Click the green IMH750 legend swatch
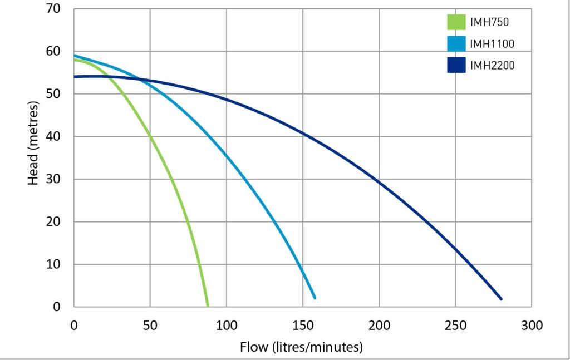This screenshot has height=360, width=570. coord(456,23)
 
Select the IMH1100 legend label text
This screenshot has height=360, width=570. coord(492,44)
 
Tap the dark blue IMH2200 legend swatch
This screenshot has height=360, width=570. coord(456,65)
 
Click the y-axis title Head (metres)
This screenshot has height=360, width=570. coord(33,144)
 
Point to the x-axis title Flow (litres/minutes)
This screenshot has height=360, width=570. coord(301,347)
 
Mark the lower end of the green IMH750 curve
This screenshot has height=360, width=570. coord(208,305)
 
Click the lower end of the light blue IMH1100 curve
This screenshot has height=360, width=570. coord(315,298)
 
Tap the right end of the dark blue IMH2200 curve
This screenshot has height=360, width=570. coord(501,299)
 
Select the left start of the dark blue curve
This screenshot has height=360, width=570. coord(75,77)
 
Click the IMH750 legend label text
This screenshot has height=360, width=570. coord(490,23)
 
